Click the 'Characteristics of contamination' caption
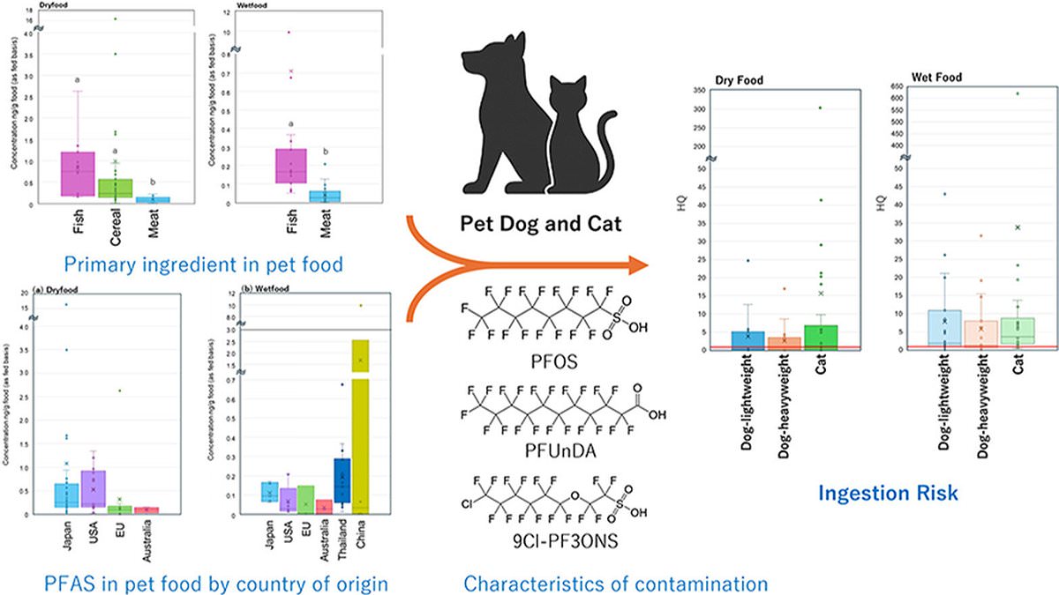(x=615, y=583)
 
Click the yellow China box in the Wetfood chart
(x=359, y=423)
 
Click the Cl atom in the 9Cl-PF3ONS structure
(x=468, y=505)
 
